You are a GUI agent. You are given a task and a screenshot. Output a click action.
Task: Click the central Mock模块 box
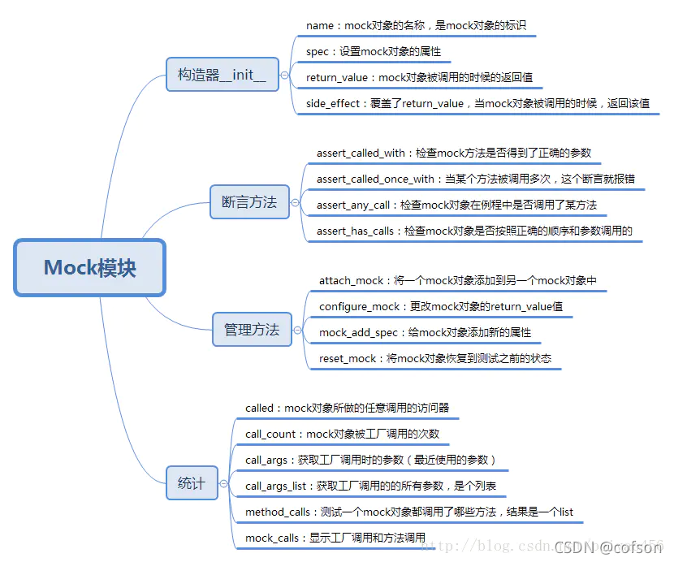89,267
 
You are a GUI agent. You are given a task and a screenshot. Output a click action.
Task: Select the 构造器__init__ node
222,76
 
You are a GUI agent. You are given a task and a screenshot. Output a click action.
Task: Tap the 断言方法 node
249,202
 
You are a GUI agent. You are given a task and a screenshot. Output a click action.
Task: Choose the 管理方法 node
252,330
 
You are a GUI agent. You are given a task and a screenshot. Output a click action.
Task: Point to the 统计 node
192,483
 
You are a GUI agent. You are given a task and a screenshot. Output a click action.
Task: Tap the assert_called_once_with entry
475,179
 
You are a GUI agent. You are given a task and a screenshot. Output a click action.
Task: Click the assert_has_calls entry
474,231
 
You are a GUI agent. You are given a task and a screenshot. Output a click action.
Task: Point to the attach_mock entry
458,281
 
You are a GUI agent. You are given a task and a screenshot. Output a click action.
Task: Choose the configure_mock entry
441,307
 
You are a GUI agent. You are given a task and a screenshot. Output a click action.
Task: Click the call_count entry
342,434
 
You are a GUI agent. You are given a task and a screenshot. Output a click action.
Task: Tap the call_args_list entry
370,486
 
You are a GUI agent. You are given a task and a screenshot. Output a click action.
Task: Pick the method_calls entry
409,512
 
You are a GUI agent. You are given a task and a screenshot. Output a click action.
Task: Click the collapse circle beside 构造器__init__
284,76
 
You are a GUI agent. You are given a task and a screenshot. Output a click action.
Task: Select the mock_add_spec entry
425,333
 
